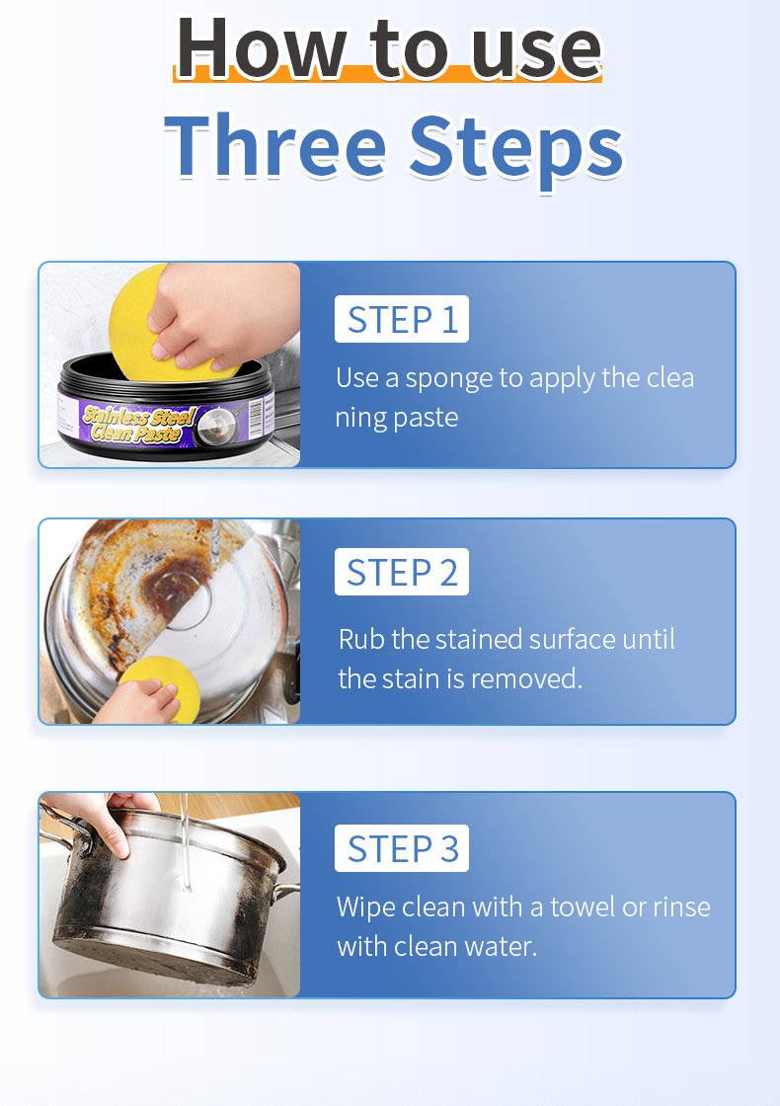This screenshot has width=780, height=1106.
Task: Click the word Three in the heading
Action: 275,144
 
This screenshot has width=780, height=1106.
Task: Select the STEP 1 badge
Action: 401,319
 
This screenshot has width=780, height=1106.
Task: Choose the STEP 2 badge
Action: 401,572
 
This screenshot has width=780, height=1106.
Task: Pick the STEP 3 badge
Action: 401,848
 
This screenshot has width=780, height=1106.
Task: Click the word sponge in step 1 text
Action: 448,379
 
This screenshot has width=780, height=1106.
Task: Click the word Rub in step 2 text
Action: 361,639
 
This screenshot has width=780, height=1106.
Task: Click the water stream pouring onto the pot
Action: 186,839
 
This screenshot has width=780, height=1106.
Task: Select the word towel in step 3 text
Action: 582,907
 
